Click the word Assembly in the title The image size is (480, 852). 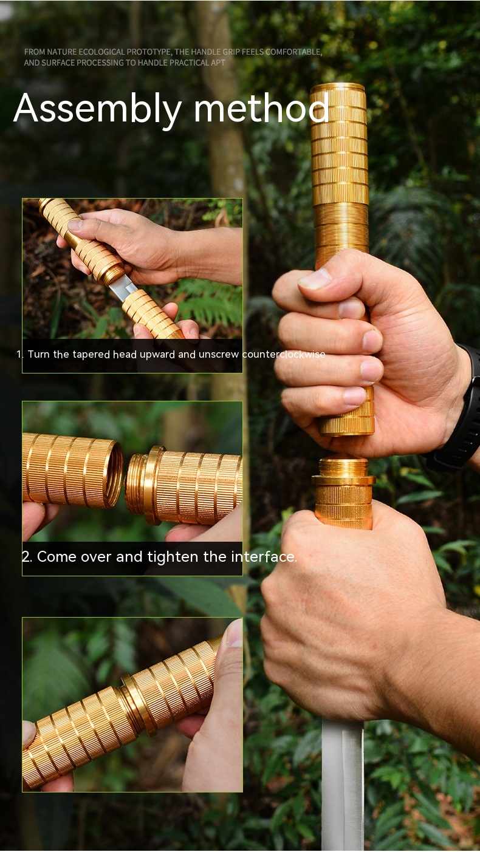tap(97, 109)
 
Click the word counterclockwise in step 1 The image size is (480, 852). tap(284, 355)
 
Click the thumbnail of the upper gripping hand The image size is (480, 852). tap(314, 279)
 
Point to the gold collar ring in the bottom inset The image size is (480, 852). tap(138, 704)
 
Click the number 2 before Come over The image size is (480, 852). tap(26, 557)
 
